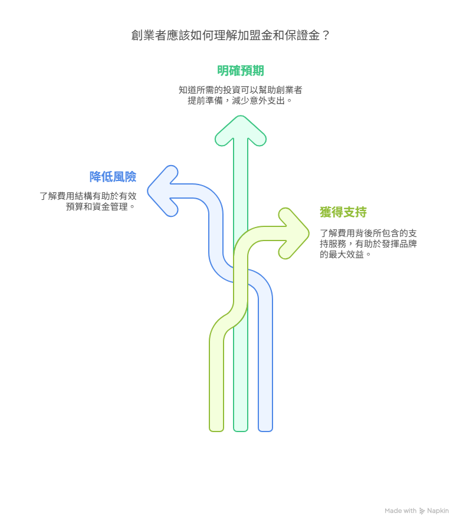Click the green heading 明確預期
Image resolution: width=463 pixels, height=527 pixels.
[x=241, y=71]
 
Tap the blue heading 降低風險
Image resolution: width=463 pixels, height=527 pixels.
[x=113, y=177]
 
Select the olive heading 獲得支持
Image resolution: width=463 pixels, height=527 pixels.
[x=343, y=212]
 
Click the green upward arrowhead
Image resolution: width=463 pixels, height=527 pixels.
[x=241, y=130]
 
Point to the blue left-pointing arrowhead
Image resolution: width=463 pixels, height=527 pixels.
[x=163, y=191]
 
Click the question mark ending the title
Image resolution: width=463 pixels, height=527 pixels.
[x=326, y=35]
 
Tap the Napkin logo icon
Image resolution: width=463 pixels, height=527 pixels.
[x=422, y=511]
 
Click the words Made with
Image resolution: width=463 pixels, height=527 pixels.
[x=400, y=511]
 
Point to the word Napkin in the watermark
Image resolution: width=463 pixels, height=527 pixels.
[x=438, y=511]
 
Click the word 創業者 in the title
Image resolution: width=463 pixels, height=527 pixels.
[x=149, y=35]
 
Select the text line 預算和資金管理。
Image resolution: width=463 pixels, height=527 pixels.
[x=100, y=206]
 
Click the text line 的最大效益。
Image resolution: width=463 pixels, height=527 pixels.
[x=345, y=255]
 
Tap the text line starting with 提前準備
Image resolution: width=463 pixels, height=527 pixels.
[x=239, y=100]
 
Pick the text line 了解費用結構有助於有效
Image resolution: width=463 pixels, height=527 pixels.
[x=88, y=196]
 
